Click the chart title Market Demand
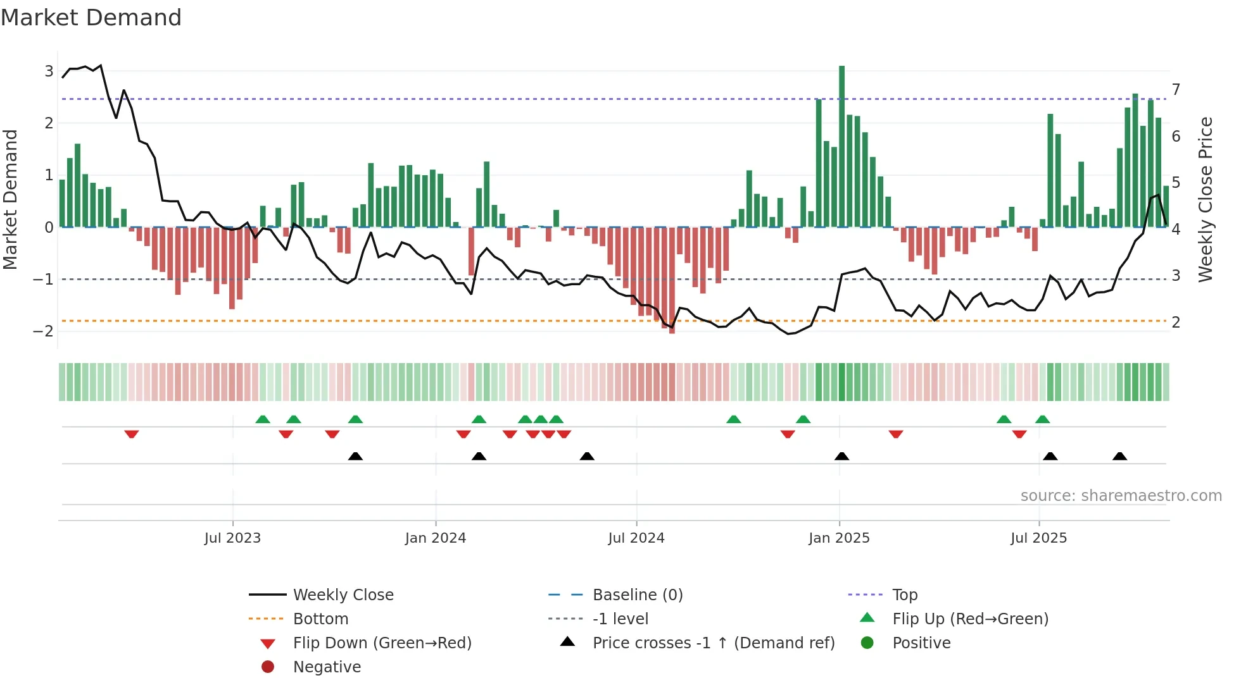click(91, 17)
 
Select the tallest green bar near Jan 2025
click(841, 145)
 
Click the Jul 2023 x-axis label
click(232, 538)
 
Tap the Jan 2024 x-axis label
click(435, 538)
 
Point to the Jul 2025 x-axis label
click(1038, 538)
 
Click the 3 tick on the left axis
click(49, 71)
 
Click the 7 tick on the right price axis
click(1176, 89)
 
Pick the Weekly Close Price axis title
click(1206, 199)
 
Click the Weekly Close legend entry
click(343, 595)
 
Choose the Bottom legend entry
click(320, 619)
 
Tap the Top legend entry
click(905, 595)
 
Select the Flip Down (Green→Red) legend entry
click(382, 643)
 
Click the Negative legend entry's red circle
click(268, 667)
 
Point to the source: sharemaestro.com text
click(1121, 495)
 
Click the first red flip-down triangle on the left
click(132, 434)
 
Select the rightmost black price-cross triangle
click(1119, 456)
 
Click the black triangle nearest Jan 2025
click(841, 456)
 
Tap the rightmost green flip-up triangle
click(1042, 419)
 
